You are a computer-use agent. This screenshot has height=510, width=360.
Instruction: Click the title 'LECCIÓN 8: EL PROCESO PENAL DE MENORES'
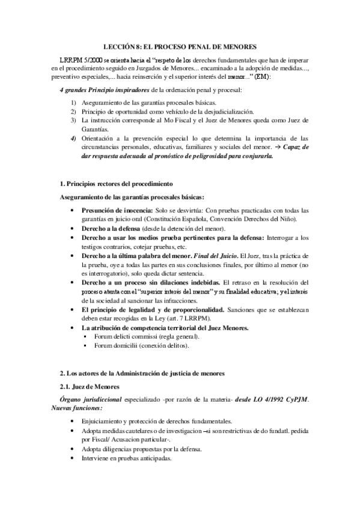[x=180, y=46]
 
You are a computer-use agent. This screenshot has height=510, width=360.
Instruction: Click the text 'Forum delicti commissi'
[x=127, y=336]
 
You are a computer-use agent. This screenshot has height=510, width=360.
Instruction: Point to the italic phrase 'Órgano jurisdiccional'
[x=94, y=399]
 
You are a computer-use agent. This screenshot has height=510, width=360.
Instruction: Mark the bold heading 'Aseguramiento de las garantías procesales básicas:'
[x=132, y=197]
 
